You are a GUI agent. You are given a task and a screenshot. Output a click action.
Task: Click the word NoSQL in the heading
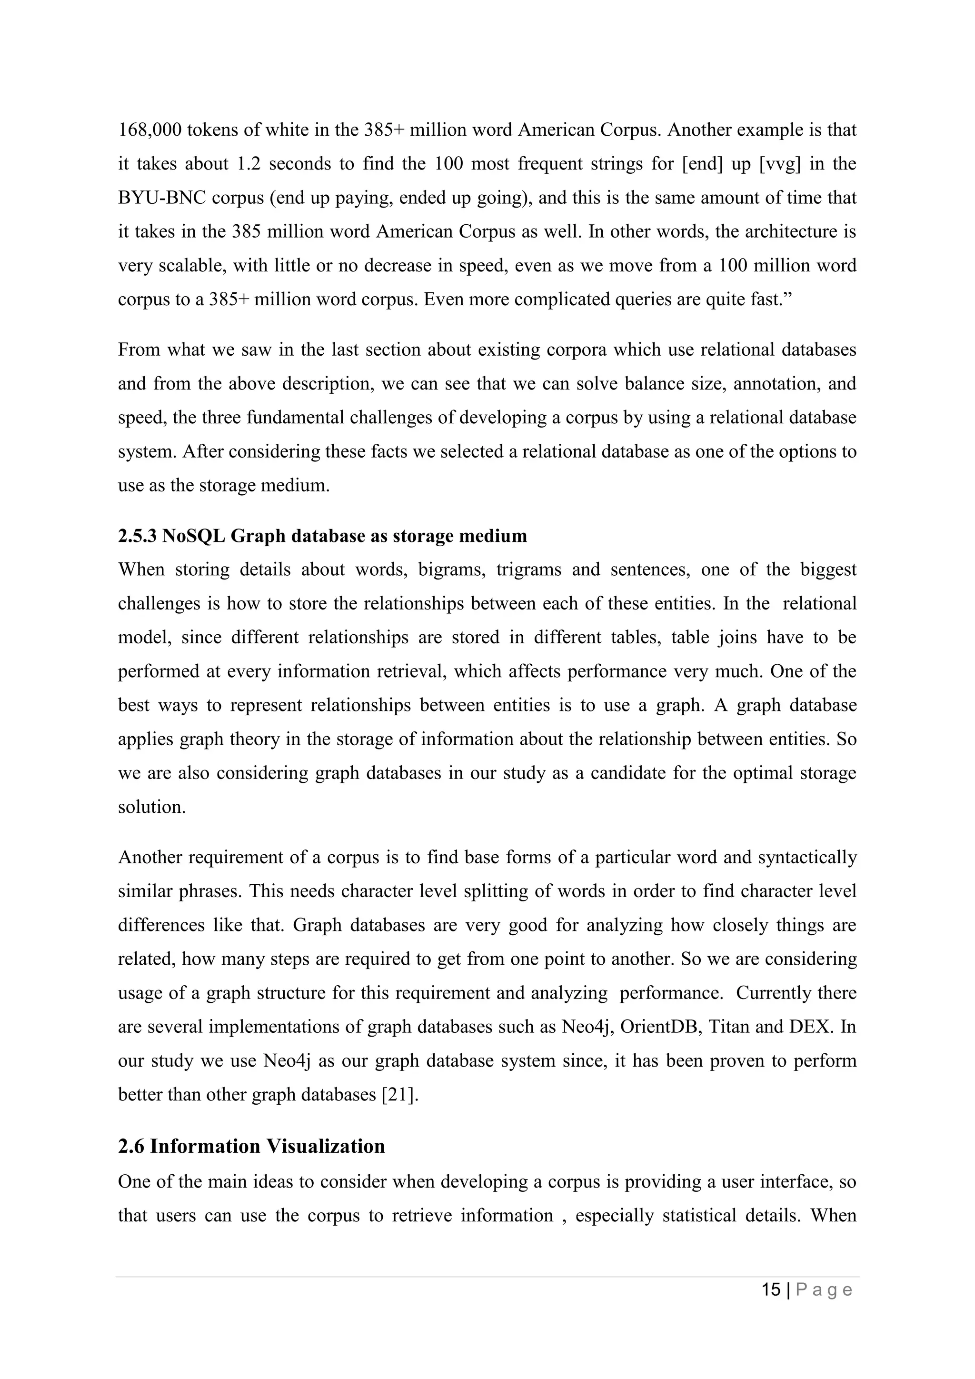[193, 536]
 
